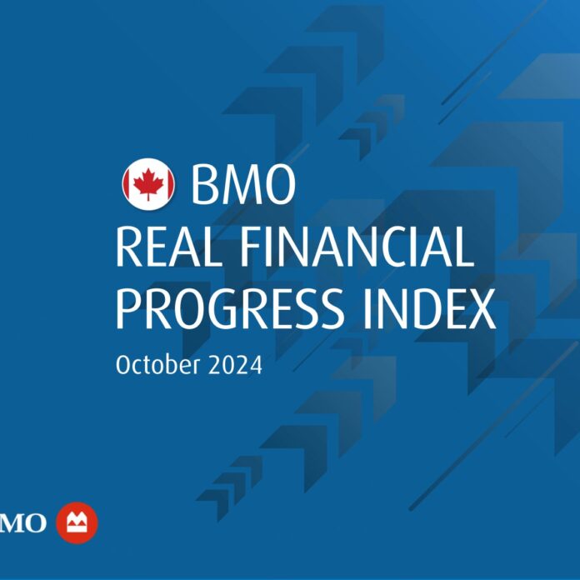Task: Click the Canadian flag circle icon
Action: click(148, 184)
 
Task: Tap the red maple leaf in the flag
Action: click(148, 183)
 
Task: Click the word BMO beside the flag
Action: click(243, 184)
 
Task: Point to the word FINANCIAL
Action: click(357, 247)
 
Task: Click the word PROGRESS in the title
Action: click(229, 309)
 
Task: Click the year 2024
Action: click(235, 365)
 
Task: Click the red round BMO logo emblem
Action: click(77, 522)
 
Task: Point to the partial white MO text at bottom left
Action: click(23, 522)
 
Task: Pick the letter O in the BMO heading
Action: click(278, 184)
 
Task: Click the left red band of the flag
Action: click(127, 184)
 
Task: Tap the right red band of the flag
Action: click(169, 184)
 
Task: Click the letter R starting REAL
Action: click(129, 247)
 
